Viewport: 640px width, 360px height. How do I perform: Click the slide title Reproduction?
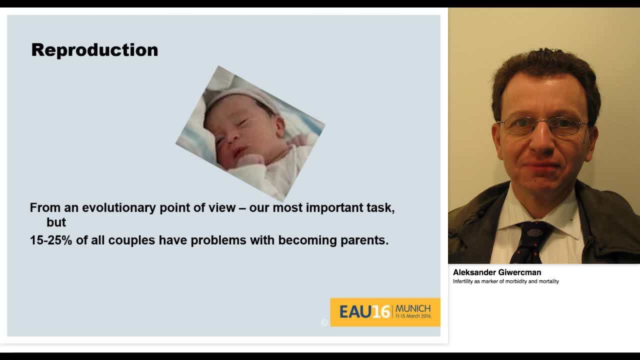point(94,50)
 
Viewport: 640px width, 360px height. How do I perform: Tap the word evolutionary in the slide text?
point(119,207)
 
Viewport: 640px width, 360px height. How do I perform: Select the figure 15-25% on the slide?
point(51,240)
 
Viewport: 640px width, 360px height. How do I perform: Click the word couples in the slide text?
point(131,240)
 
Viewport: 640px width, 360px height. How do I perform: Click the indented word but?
point(56,222)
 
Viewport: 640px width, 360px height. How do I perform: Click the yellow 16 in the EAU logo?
point(381,311)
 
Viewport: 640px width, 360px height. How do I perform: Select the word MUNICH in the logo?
point(413,308)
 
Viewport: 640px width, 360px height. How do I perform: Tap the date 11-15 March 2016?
point(413,316)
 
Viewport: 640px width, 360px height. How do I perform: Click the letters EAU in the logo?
point(355,311)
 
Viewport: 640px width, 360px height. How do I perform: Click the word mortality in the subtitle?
point(548,281)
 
